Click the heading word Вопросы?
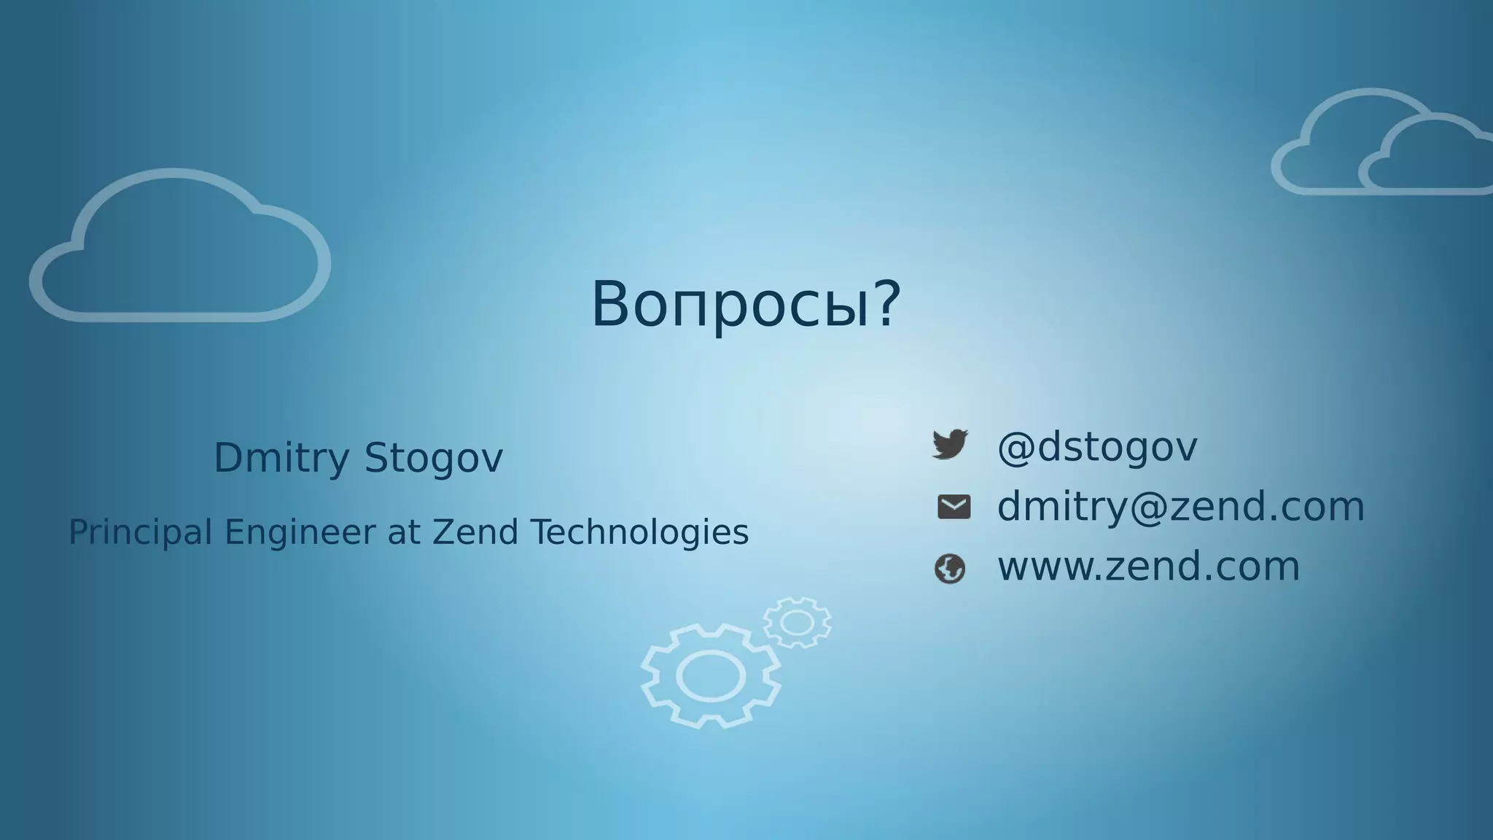[746, 304]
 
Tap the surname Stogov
[433, 458]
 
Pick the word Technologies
[639, 532]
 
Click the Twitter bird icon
[951, 444]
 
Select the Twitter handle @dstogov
[1096, 446]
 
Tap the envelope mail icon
[954, 507]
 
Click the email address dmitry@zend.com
[1180, 506]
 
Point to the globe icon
[950, 569]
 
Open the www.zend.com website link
[1148, 567]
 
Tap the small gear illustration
[797, 622]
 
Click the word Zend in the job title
[475, 532]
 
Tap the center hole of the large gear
[711, 676]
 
